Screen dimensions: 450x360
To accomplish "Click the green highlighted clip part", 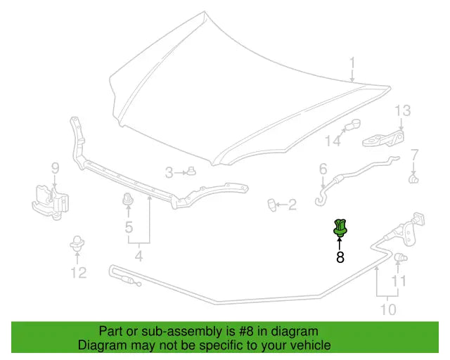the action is coord(340,228).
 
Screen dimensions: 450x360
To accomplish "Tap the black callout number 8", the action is coord(340,257).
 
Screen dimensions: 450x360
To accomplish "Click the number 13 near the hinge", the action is coord(403,111).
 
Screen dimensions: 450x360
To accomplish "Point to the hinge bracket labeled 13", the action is coord(383,139).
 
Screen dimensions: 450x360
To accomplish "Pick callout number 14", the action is coord(333,141).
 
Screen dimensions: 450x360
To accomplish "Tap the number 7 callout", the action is coord(414,155).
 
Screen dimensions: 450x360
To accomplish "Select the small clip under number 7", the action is coord(413,179).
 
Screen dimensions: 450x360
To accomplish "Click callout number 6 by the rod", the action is coord(323,169).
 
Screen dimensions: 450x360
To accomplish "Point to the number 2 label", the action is coord(292,205).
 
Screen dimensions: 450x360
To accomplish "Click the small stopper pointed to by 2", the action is coord(271,205).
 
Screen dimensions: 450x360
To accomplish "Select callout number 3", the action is coord(169,173).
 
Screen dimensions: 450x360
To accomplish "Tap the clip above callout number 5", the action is coord(128,199).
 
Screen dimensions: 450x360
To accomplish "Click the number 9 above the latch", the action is coord(55,168).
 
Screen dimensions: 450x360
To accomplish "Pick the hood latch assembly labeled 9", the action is coord(50,202).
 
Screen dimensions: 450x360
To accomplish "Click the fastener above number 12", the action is coord(77,243).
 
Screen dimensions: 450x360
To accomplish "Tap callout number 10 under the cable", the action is coord(388,310).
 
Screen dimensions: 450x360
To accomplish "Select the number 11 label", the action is coord(399,281).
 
